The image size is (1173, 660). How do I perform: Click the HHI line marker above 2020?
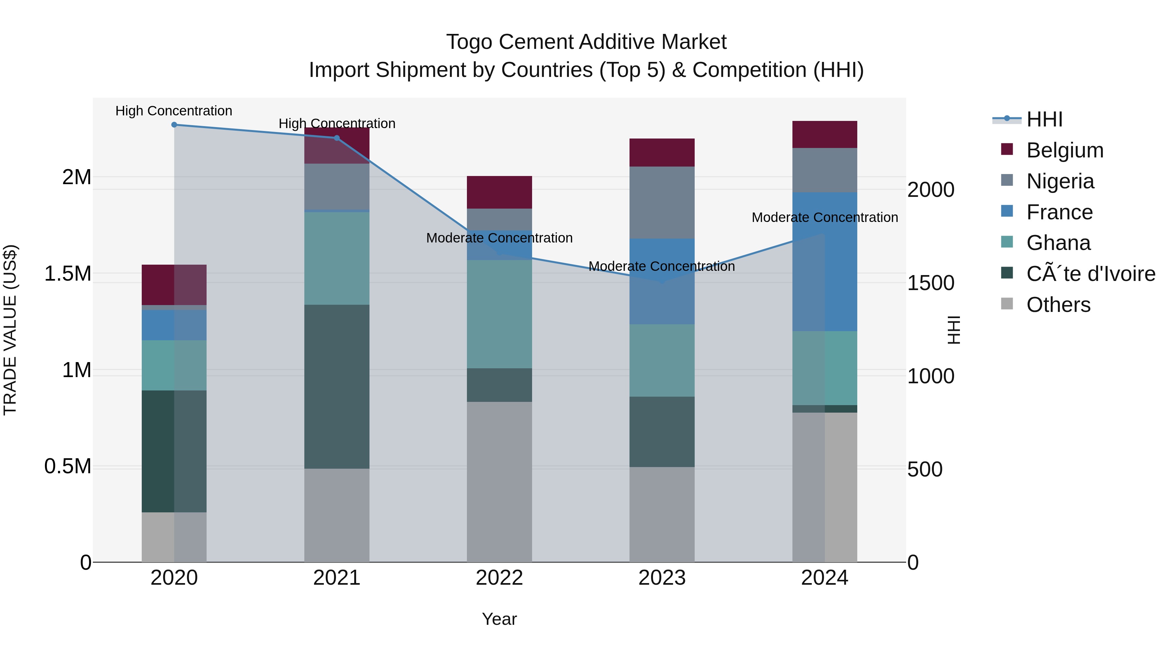(x=174, y=125)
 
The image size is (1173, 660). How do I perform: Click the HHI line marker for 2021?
(x=337, y=138)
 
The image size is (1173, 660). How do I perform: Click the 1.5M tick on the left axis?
(x=67, y=274)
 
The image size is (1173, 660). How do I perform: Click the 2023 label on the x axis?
(x=662, y=578)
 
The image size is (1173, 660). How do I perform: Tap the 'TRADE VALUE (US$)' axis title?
(x=10, y=330)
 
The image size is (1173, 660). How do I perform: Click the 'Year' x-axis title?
(x=499, y=619)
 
